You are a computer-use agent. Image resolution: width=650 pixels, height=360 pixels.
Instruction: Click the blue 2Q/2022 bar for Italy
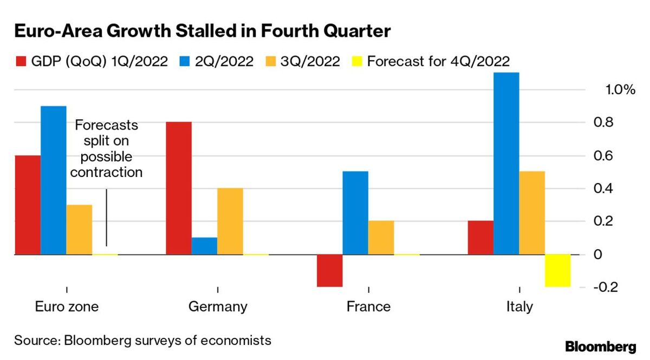[506, 163]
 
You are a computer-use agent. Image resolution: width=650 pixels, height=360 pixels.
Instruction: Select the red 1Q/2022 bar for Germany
[178, 188]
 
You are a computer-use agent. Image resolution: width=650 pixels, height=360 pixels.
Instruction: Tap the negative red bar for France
[330, 270]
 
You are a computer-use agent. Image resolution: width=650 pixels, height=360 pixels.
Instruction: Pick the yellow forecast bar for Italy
[558, 270]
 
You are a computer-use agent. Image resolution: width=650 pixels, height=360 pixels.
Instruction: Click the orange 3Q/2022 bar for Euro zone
[79, 229]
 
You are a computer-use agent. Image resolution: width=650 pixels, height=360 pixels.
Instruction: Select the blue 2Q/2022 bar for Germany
[204, 246]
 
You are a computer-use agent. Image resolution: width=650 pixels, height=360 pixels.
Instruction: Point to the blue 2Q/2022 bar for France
[355, 213]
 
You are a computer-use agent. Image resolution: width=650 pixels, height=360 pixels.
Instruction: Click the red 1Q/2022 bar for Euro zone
[28, 205]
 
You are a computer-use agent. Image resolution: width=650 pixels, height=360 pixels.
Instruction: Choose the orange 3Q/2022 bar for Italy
[532, 213]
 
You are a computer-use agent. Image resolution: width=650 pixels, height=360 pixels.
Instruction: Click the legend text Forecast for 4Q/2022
[438, 61]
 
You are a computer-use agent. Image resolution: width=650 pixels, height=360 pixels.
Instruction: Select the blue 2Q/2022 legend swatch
[184, 61]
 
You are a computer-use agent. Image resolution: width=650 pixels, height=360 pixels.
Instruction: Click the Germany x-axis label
[218, 307]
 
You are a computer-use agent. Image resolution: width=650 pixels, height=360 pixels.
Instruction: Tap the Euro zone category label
[67, 307]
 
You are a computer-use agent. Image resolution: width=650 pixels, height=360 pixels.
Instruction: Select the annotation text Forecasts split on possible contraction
[106, 149]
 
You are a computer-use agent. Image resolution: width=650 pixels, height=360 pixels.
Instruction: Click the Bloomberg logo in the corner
[601, 347]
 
